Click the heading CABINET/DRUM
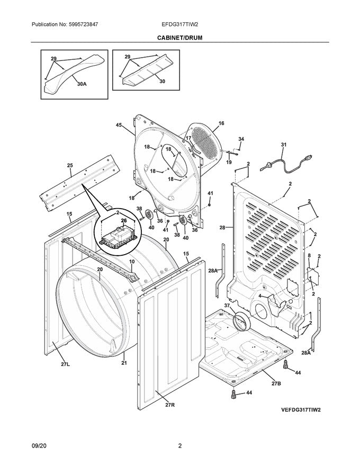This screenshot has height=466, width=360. (x=179, y=38)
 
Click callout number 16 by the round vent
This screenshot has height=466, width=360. (x=221, y=123)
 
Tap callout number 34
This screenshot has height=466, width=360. (x=241, y=139)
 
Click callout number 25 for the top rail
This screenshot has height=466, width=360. (x=70, y=166)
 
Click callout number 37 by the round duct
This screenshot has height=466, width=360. (x=227, y=306)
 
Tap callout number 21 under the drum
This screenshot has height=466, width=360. (x=124, y=363)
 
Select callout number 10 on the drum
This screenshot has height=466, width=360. (x=132, y=262)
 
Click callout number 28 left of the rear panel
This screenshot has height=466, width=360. (x=222, y=228)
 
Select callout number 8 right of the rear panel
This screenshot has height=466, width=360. (x=309, y=256)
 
